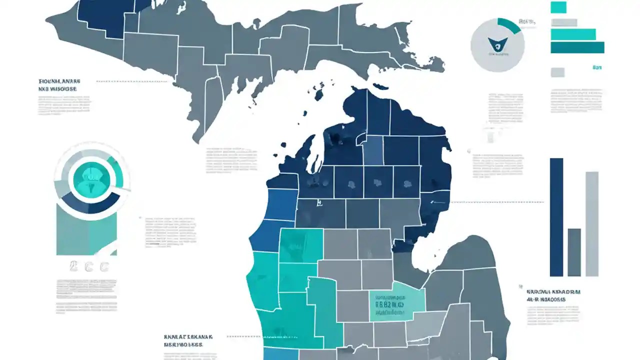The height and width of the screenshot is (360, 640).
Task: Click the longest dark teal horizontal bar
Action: (x=577, y=47)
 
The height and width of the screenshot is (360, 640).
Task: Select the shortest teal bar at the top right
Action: (x=558, y=7)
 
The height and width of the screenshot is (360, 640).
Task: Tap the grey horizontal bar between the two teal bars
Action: (x=563, y=22)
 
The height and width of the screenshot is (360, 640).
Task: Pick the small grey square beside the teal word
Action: (x=557, y=72)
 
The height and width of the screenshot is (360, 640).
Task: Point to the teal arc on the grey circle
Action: (x=510, y=25)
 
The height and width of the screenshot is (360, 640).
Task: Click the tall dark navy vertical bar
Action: (x=556, y=217)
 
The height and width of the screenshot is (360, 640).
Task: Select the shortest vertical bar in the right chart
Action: (x=574, y=252)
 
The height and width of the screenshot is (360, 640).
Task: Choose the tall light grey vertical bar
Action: (x=592, y=223)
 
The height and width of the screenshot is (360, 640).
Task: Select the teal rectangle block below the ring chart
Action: (x=86, y=232)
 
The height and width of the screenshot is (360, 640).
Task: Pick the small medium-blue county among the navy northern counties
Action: (x=373, y=150)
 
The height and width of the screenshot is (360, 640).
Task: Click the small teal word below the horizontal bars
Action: (x=596, y=67)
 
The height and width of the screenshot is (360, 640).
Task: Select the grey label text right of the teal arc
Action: (x=527, y=22)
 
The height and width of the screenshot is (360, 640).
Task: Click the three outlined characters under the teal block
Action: (x=89, y=266)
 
